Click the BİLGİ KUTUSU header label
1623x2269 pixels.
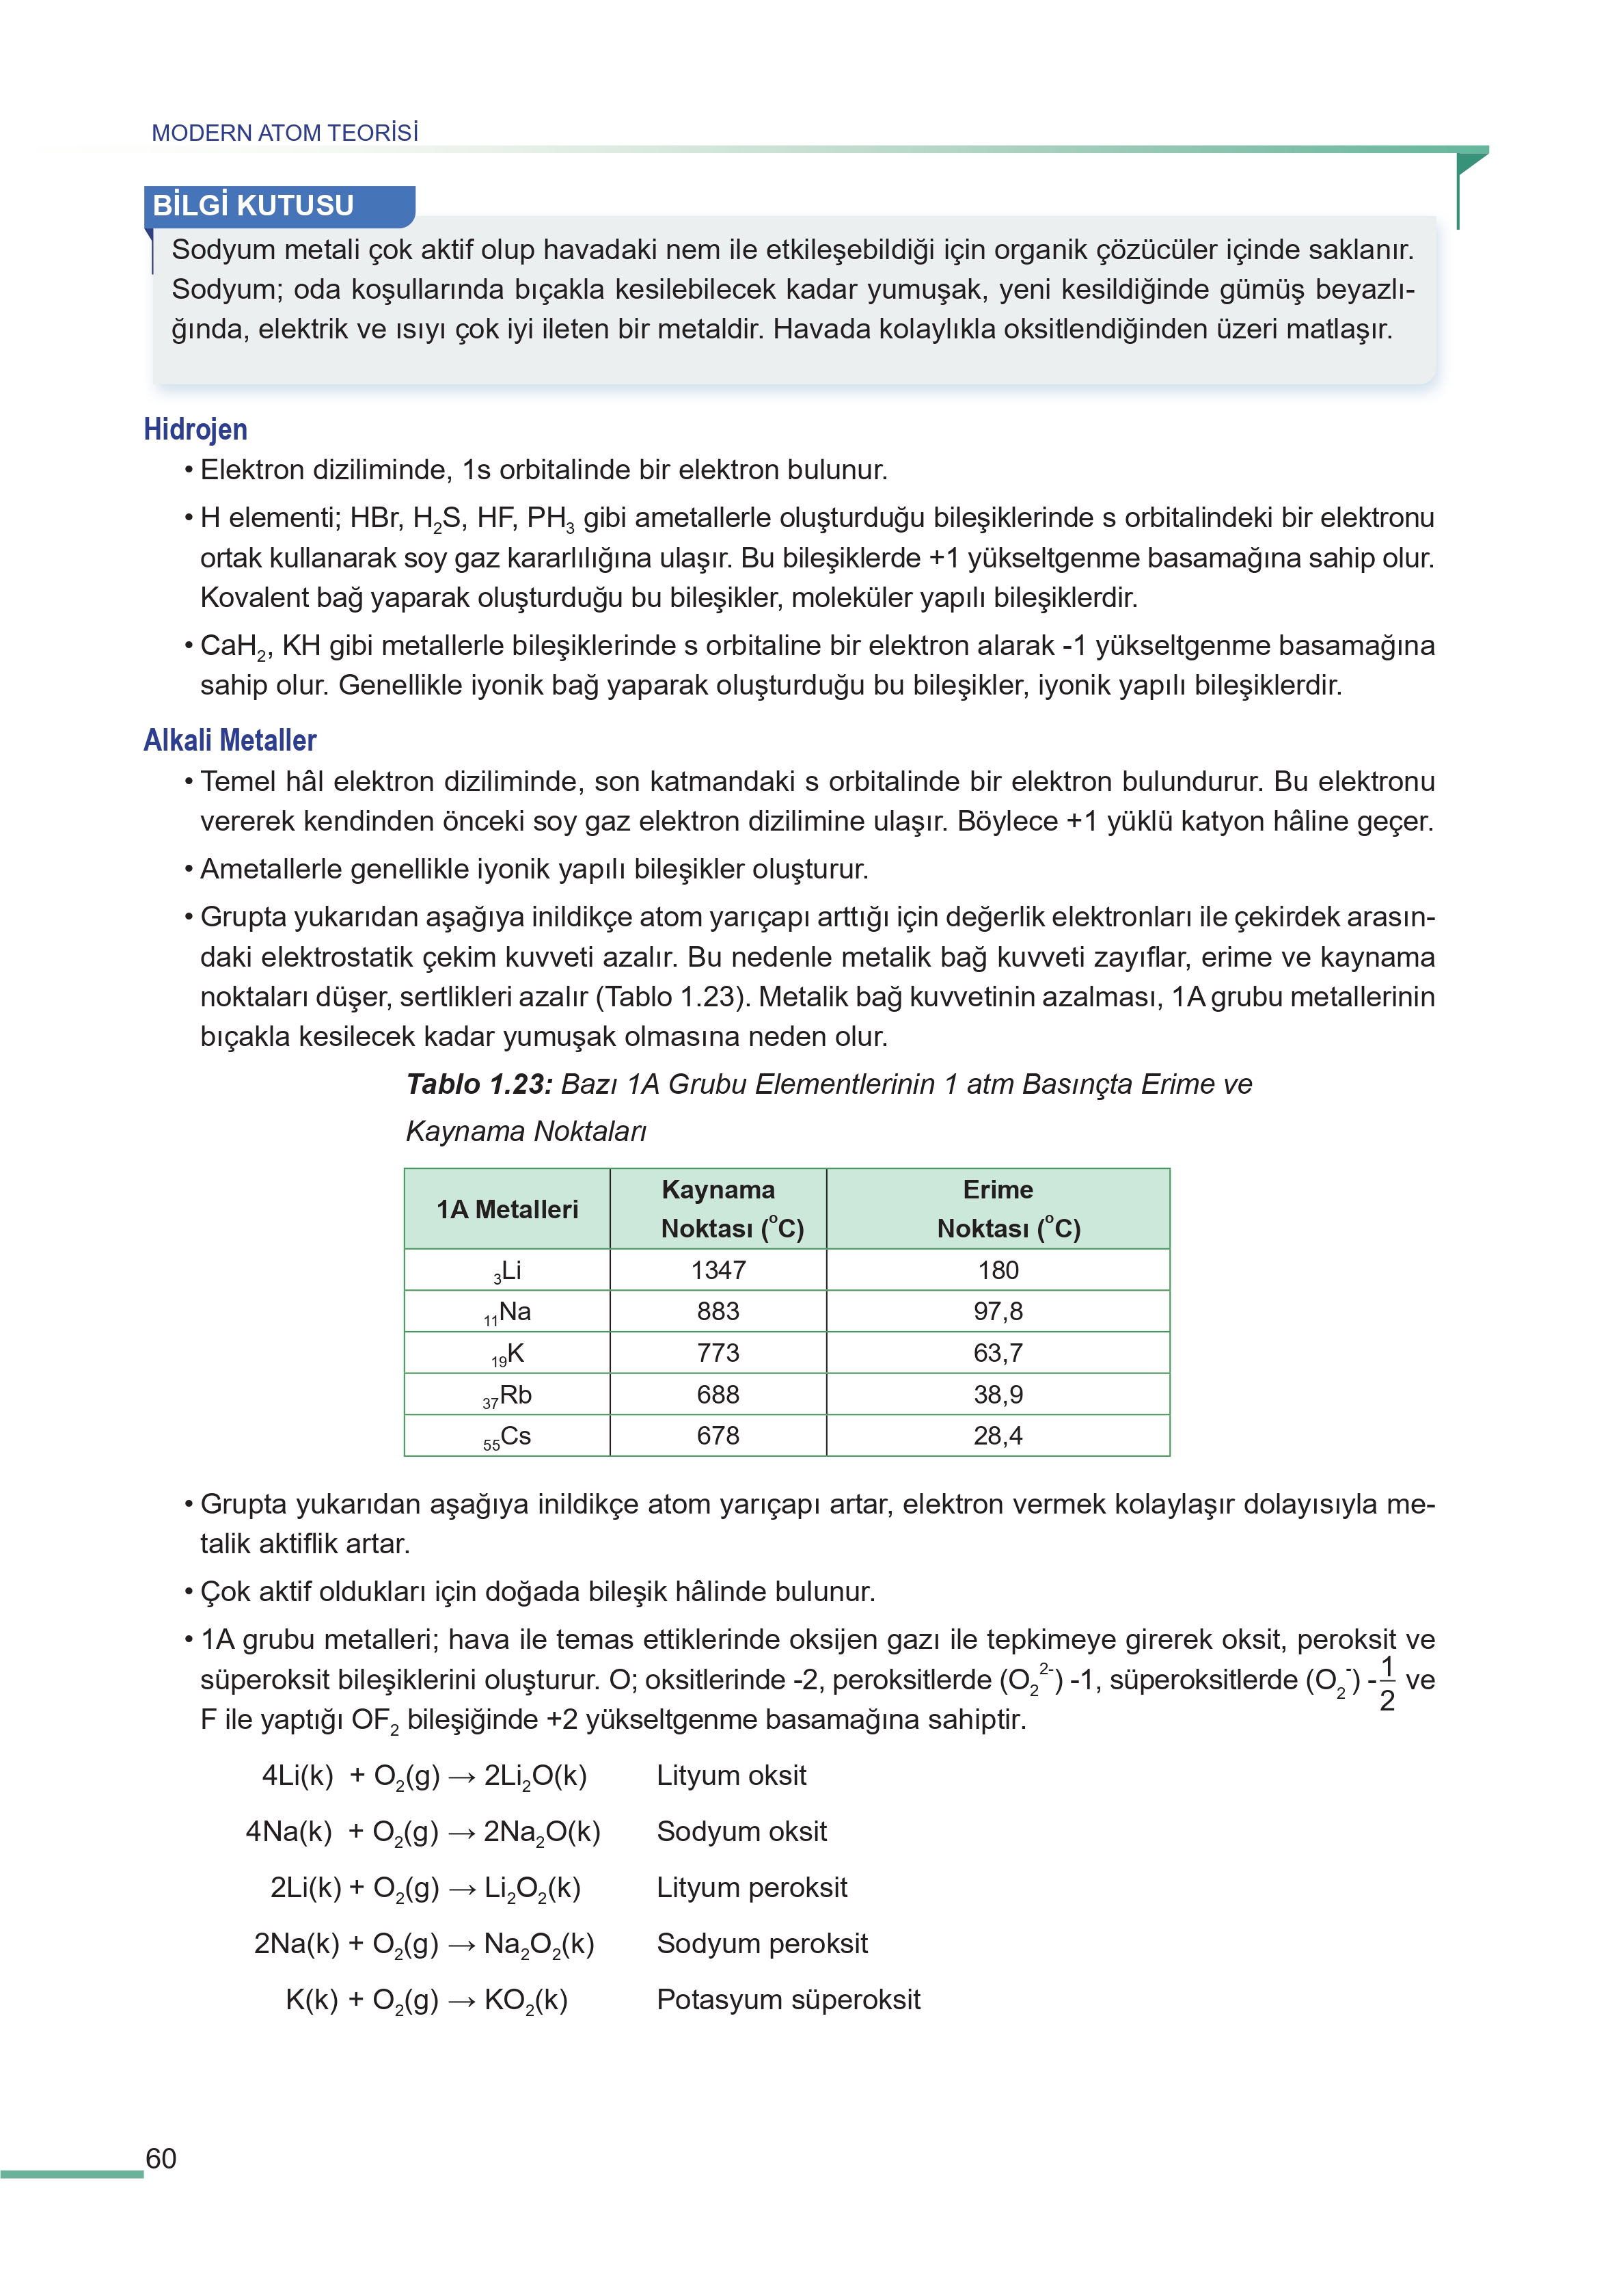tap(253, 205)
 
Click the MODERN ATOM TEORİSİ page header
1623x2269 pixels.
tap(285, 133)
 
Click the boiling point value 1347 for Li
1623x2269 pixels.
tap(718, 1270)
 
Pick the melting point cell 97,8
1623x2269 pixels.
tap(998, 1311)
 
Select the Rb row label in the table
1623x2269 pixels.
tap(508, 1395)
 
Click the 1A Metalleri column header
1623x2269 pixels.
tap(506, 1209)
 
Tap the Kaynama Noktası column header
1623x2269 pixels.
tap(718, 1209)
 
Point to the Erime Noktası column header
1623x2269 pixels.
tap(998, 1209)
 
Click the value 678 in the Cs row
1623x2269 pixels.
tap(718, 1436)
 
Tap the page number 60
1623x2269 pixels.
tap(161, 2159)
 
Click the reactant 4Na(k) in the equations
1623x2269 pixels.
tap(289, 1832)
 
